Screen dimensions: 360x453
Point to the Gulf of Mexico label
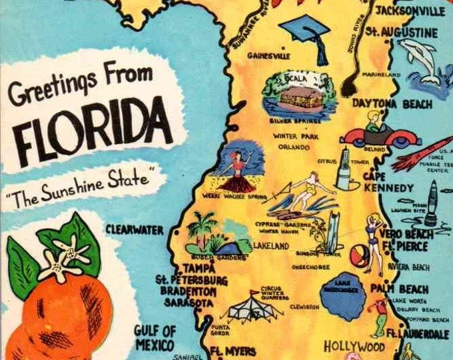tap(155, 338)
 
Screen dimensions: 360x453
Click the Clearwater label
tap(134, 230)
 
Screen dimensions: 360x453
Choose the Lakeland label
tap(270, 246)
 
